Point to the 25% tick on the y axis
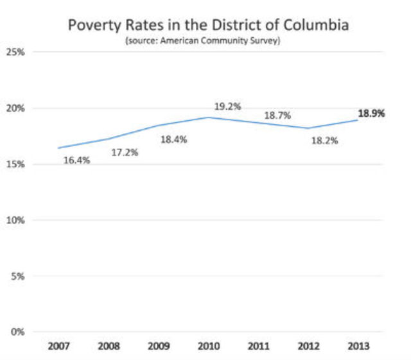click(x=15, y=52)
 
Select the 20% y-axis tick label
click(x=15, y=108)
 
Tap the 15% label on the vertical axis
click(x=15, y=164)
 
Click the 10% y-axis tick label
click(x=15, y=220)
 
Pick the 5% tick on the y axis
click(x=17, y=277)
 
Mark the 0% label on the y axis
click(x=17, y=332)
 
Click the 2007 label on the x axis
click(x=58, y=347)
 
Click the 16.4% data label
click(x=76, y=160)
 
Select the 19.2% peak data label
click(x=228, y=107)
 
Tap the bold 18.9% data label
click(x=371, y=114)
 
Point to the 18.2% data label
click(x=325, y=140)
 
